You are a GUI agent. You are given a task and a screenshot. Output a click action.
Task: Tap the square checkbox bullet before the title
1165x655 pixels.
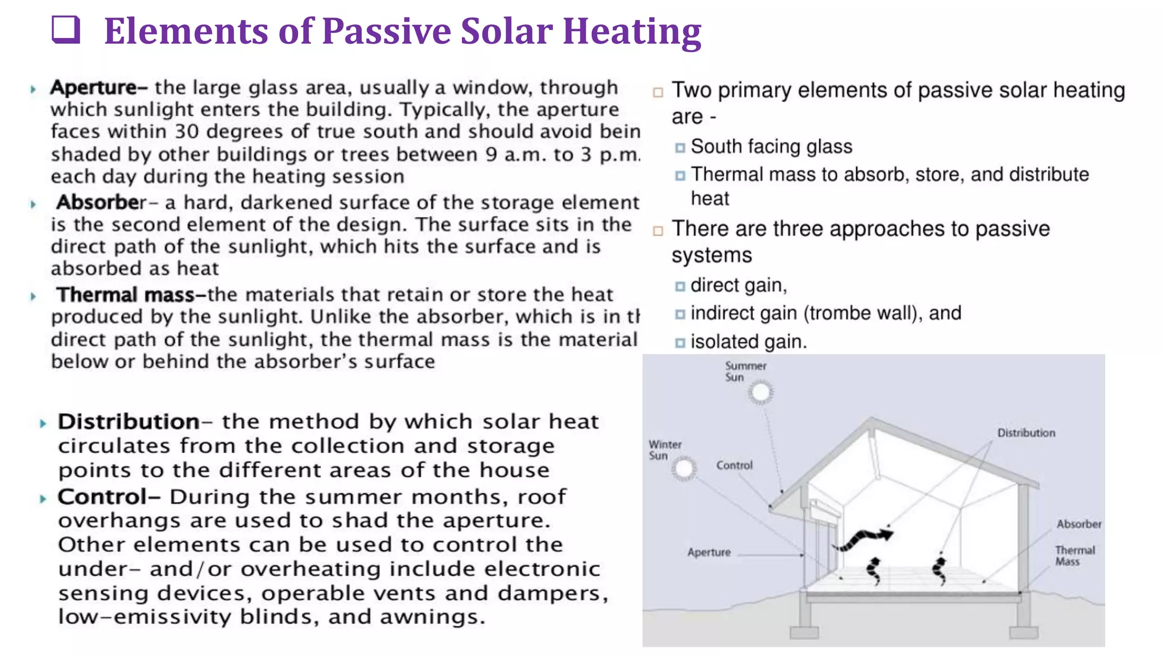pos(65,30)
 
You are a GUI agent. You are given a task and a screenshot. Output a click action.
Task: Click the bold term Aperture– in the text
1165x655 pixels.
pos(98,88)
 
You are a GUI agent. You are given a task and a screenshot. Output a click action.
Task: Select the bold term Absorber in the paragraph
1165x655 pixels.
pos(101,202)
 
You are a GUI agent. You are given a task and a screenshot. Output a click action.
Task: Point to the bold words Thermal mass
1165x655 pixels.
pos(125,295)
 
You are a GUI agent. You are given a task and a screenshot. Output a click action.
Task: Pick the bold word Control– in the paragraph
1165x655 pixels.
pos(109,496)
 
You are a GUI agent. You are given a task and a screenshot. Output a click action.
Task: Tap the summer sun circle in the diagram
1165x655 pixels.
pos(761,392)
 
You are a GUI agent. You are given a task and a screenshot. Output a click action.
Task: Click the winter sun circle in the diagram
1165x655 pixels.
pos(684,469)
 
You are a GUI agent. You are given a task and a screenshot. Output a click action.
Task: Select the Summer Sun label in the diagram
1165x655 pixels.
pos(745,371)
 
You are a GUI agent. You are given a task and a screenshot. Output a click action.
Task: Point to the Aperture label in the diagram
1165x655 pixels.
pos(709,552)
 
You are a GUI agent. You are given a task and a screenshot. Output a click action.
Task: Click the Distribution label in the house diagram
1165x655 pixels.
pos(1026,433)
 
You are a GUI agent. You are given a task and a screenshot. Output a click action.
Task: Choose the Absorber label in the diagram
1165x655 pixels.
pos(1079,524)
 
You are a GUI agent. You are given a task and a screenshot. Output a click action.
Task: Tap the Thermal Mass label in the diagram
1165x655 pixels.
pos(1075,555)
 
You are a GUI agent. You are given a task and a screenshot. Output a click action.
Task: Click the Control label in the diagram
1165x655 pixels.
pos(734,465)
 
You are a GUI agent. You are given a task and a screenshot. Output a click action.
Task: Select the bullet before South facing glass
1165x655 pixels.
pos(680,148)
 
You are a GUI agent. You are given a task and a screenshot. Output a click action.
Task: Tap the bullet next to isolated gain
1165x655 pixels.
pos(680,343)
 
